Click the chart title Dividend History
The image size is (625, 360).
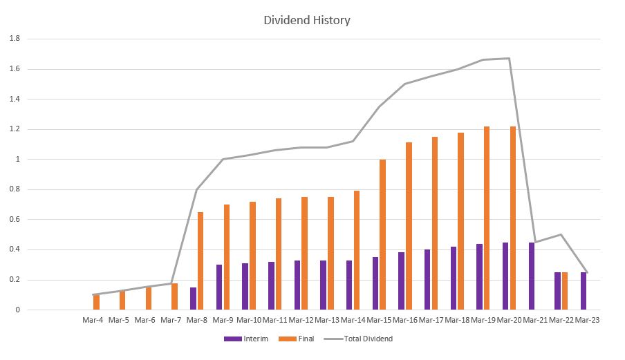tap(307, 20)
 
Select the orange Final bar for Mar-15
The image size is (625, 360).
tap(382, 235)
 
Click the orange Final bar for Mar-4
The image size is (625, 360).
tap(96, 302)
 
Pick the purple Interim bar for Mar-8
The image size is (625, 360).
tap(193, 299)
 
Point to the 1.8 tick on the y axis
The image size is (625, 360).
tap(15, 39)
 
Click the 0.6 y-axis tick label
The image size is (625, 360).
tap(15, 220)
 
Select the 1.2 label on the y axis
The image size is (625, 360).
tap(15, 129)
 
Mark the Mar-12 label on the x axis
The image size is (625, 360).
tap(301, 320)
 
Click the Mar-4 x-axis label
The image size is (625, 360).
tap(93, 320)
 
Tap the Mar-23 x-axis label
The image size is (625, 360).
tap(588, 320)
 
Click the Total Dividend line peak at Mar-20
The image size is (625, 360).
tap(510, 58)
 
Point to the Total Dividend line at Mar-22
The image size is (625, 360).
tap(561, 234)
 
